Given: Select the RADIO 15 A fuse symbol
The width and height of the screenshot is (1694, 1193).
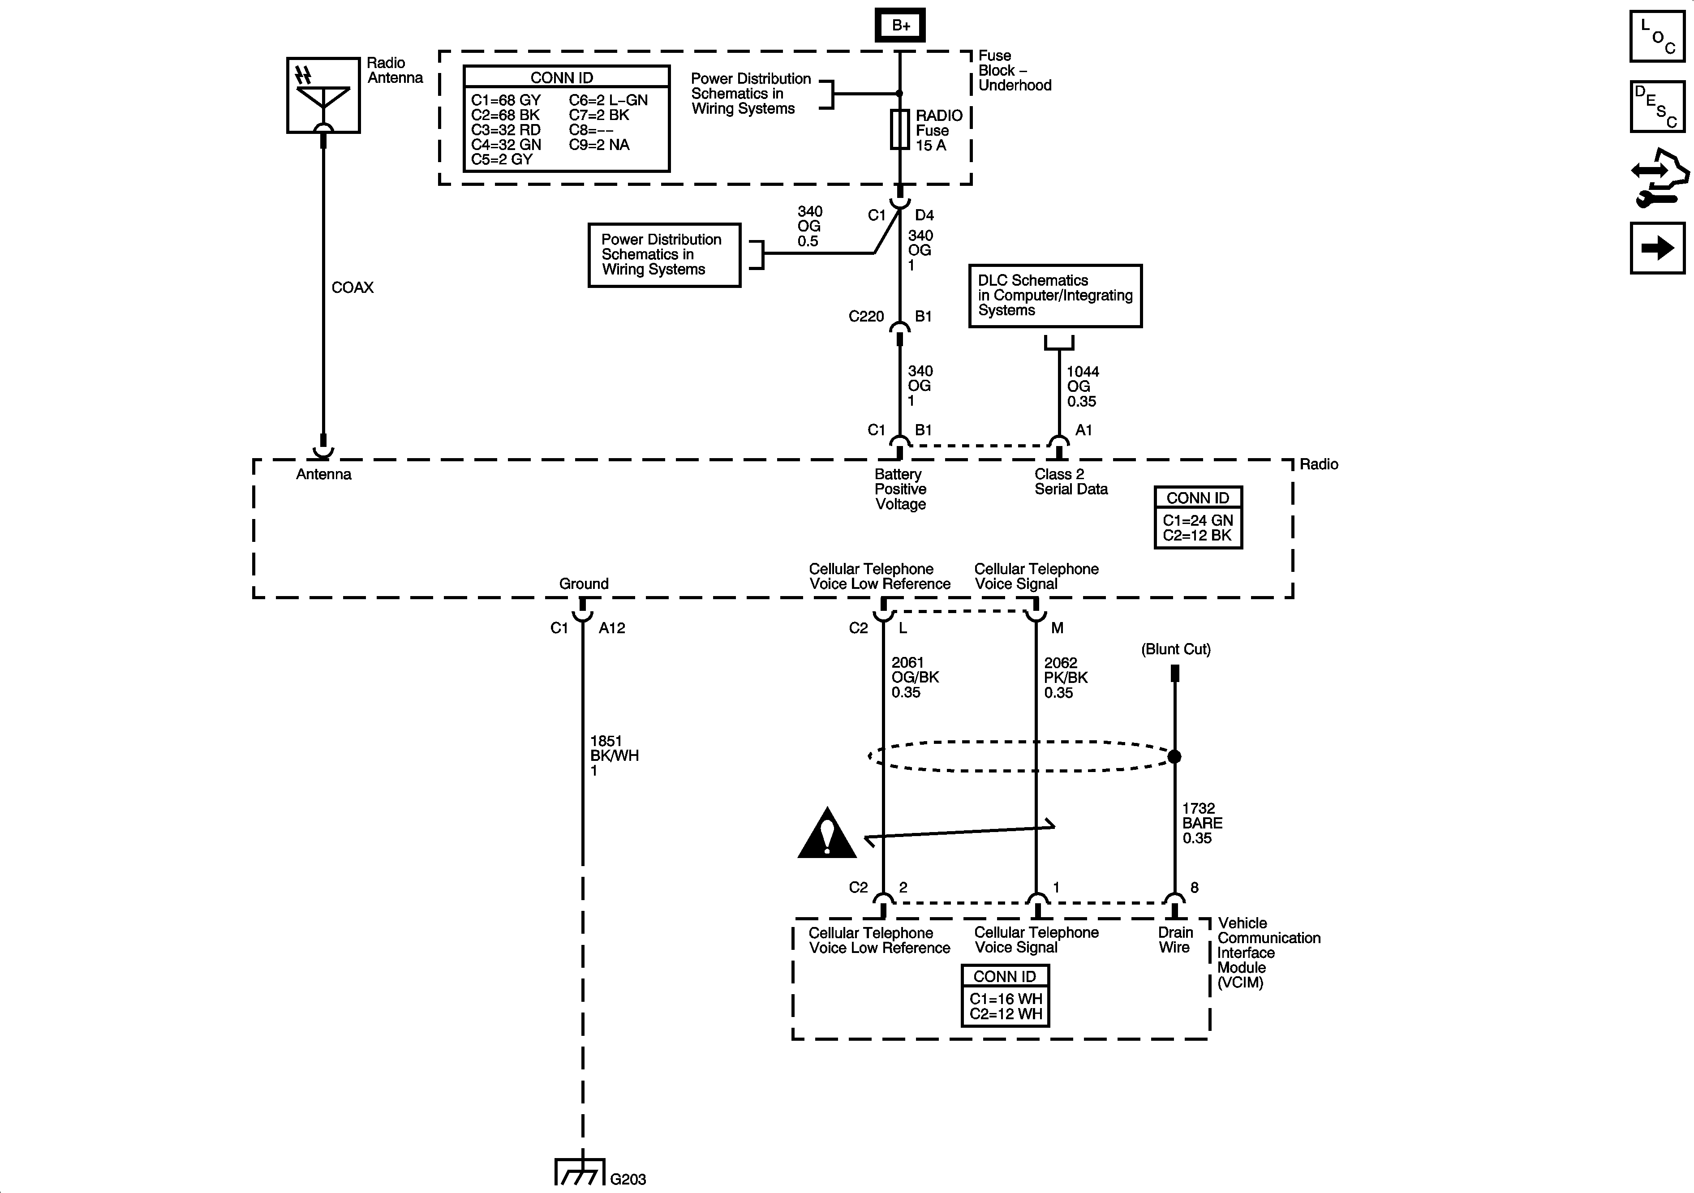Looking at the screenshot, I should pyautogui.click(x=899, y=130).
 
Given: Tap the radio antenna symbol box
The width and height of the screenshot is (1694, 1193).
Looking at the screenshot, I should pyautogui.click(x=323, y=95).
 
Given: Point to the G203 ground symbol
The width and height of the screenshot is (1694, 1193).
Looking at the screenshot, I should pyautogui.click(x=580, y=1173).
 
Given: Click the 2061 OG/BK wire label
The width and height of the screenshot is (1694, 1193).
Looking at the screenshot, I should pyautogui.click(x=915, y=677).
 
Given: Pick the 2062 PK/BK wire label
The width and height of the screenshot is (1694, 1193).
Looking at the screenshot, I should pyautogui.click(x=1066, y=677).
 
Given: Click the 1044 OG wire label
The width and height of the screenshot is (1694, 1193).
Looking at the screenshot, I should pyautogui.click(x=1082, y=386).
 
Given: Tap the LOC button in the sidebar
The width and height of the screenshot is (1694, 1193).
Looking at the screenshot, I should pyautogui.click(x=1657, y=36).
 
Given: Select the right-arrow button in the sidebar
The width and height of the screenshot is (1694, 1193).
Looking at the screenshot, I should pyautogui.click(x=1657, y=248).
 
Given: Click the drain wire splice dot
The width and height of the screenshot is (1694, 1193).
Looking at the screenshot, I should pyautogui.click(x=1174, y=756).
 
